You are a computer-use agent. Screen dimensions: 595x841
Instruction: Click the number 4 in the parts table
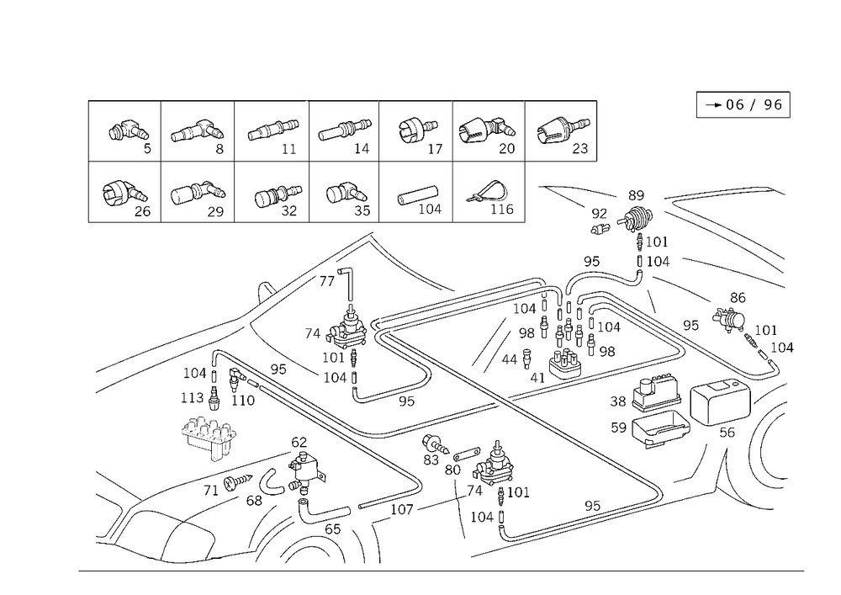(365, 149)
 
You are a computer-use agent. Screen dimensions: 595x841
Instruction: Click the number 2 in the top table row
(220, 150)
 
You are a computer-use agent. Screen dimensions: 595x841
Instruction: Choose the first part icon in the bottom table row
(118, 194)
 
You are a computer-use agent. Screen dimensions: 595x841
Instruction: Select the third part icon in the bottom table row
(278, 195)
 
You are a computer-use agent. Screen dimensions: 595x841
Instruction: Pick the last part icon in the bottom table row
(486, 194)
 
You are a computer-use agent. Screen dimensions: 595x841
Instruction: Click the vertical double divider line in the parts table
(454, 160)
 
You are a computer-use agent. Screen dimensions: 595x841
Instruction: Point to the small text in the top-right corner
(748, 106)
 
